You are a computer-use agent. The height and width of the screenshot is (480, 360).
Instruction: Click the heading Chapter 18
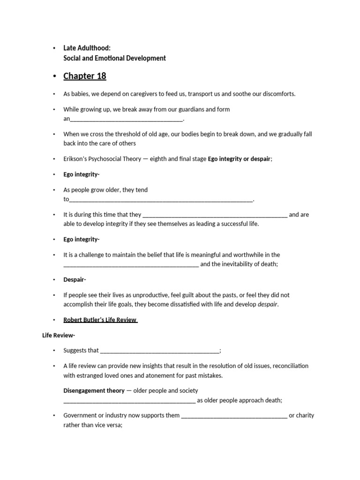click(x=84, y=76)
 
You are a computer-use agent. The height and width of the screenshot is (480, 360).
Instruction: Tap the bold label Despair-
click(x=75, y=279)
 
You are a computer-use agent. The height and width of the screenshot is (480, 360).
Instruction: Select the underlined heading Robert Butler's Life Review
click(x=100, y=320)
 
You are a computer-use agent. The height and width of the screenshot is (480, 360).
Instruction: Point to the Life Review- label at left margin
click(x=58, y=335)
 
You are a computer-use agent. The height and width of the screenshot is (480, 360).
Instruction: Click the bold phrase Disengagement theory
click(x=94, y=390)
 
